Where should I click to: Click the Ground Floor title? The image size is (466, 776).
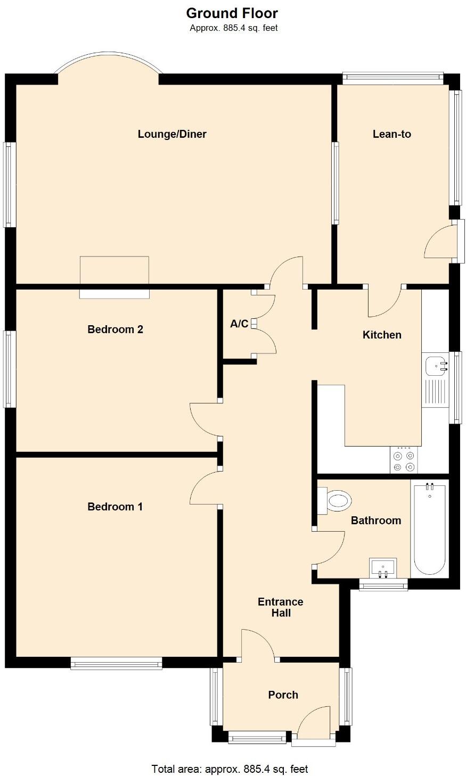232,13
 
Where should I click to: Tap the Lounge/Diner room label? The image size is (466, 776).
172,134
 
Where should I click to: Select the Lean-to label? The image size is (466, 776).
391,134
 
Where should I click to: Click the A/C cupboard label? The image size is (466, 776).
239,324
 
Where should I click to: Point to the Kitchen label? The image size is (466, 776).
382,335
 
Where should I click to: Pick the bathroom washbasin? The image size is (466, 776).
382,567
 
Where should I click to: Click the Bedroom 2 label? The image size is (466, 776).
115,329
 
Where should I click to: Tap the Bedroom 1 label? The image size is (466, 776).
115,507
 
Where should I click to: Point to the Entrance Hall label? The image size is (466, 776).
281,607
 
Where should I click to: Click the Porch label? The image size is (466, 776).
283,695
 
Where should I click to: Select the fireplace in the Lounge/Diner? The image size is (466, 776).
114,277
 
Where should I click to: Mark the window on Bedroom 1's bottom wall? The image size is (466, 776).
116,663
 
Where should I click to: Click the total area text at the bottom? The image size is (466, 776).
230,769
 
